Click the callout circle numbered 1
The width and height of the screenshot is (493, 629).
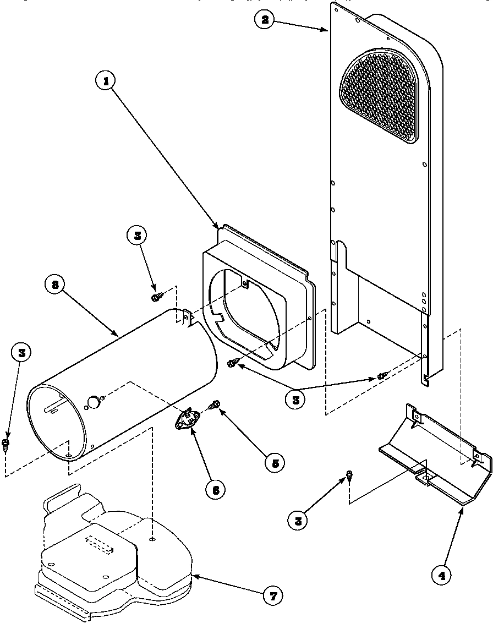106,81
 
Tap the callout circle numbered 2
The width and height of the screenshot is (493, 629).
265,20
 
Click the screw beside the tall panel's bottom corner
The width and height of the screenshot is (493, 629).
381,376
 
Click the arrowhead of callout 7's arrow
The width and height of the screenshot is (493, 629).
193,576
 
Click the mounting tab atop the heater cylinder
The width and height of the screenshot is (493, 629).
187,318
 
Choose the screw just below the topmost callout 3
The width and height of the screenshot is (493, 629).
156,297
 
